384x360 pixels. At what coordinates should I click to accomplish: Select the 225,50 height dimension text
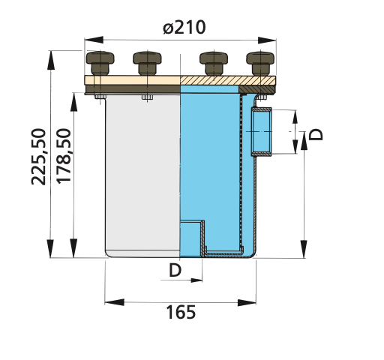click(x=40, y=156)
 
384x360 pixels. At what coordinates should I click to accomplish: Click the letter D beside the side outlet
click(x=317, y=134)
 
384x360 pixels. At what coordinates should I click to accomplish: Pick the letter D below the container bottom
click(x=175, y=271)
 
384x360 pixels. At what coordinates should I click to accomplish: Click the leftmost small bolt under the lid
click(x=99, y=96)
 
